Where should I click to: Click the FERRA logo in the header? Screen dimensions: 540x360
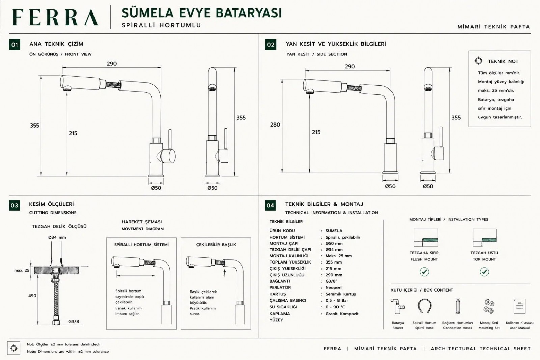(55, 17)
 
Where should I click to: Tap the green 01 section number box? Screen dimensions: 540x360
(15, 44)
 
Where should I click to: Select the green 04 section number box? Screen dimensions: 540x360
(270, 205)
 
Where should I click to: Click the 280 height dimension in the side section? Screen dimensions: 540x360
(275, 124)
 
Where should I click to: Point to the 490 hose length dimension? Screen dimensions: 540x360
(32, 296)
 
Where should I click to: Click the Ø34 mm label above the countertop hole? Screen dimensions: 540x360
(57, 237)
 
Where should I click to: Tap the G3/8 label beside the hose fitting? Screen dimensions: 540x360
(74, 321)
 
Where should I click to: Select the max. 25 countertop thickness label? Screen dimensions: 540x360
(22, 270)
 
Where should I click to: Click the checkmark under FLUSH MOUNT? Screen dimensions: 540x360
(424, 272)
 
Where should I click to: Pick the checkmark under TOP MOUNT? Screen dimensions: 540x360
(484, 272)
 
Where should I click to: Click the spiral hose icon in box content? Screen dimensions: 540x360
(424, 306)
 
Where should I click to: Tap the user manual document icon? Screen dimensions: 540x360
(519, 306)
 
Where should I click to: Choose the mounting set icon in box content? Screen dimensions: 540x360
(489, 306)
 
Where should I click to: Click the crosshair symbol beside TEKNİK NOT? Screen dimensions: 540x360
(478, 61)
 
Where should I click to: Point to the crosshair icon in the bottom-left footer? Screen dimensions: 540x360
(14, 348)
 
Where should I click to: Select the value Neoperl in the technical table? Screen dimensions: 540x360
(333, 287)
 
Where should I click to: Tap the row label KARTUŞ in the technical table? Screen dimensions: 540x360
(278, 294)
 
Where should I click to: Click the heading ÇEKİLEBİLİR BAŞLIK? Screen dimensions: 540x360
(216, 245)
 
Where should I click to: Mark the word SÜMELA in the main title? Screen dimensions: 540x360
(147, 13)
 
